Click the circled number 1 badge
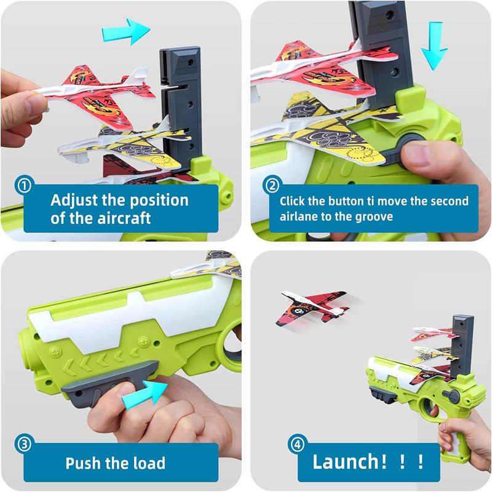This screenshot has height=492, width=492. tap(24, 185)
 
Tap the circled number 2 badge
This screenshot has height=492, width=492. tap(272, 185)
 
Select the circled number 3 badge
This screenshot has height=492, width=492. tap(24, 443)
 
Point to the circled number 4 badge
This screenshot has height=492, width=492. tap(297, 443)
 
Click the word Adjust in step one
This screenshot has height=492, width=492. tap(74, 201)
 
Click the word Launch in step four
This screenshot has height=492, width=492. tap(346, 462)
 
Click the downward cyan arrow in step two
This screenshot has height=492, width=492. tap(435, 46)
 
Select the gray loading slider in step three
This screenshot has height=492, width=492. tap(109, 383)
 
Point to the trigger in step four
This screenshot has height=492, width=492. tap(434, 410)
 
